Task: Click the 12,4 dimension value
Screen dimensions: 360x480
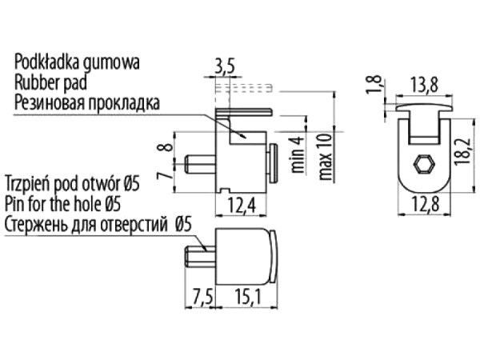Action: click(x=244, y=207)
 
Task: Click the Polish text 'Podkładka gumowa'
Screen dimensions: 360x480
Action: click(x=77, y=62)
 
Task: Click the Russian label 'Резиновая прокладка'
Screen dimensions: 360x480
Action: click(x=86, y=102)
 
